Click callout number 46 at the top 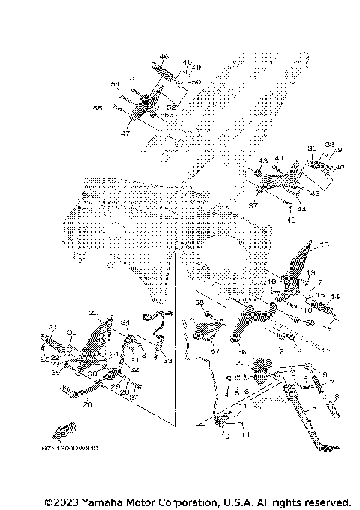[164, 57]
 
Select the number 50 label [196, 81]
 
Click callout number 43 [262, 161]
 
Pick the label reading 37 [253, 205]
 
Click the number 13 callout [324, 246]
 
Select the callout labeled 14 [334, 296]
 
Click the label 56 [242, 349]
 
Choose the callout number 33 [166, 361]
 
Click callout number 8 [337, 396]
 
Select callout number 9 [325, 373]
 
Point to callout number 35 [72, 332]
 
